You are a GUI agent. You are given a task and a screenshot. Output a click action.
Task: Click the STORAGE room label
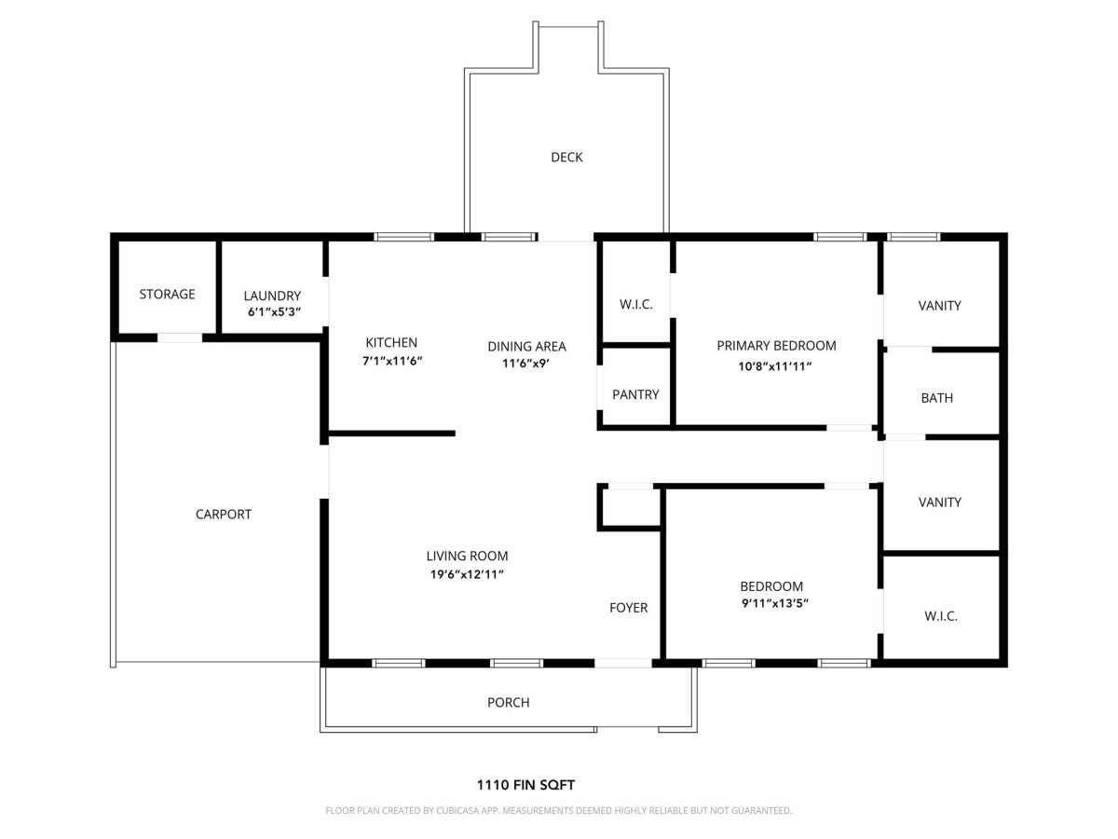[167, 294]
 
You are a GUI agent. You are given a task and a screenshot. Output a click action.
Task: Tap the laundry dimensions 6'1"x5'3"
[274, 311]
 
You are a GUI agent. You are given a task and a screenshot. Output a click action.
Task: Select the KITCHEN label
[391, 342]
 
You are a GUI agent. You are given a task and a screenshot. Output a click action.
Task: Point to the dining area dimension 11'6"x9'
[525, 364]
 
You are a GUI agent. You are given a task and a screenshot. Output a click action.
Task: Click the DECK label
[566, 157]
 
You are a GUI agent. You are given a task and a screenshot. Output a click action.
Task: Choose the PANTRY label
[635, 394]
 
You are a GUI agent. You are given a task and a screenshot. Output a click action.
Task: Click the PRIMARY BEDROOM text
[776, 345]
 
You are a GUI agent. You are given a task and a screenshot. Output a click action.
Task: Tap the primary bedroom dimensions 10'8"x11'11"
[775, 366]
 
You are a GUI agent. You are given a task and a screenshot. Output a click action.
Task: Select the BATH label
[936, 398]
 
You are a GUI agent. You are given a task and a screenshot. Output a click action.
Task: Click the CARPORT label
[223, 514]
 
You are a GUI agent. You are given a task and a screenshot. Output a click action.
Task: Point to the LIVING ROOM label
[467, 556]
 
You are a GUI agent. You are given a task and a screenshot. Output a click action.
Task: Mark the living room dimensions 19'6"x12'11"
[467, 574]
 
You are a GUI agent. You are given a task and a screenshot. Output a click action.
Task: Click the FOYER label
[629, 608]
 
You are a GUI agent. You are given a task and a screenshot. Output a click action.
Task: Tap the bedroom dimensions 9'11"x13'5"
[775, 604]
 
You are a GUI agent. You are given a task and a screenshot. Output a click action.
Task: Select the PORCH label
[509, 703]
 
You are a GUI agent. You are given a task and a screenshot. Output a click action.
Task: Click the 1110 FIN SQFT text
[525, 785]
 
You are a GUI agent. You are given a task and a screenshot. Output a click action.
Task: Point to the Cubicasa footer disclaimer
[559, 810]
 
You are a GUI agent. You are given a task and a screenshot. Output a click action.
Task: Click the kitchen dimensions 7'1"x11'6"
[392, 361]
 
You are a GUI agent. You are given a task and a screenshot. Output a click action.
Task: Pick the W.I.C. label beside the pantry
[635, 304]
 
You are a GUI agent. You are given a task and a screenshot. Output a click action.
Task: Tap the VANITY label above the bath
[940, 306]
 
